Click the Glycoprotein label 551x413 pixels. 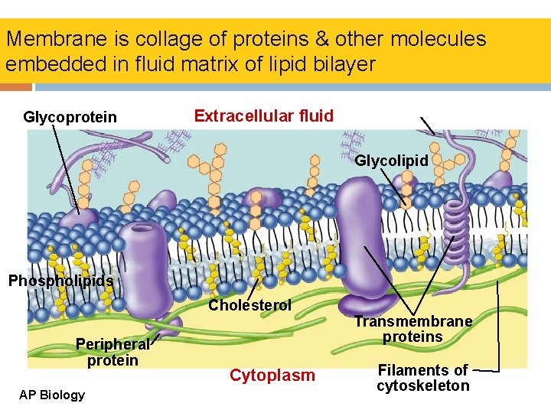pos(70,117)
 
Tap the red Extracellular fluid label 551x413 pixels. pos(263,116)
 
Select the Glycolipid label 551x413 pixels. pos(392,161)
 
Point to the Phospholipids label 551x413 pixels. pos(60,281)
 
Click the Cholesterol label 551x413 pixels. pos(250,305)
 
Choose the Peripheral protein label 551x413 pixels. pos(112,352)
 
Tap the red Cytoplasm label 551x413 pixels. pos(272,376)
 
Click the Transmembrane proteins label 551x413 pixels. pos(412,330)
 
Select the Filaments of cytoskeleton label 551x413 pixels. pos(423,378)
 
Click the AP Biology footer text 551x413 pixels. pos(53,395)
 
